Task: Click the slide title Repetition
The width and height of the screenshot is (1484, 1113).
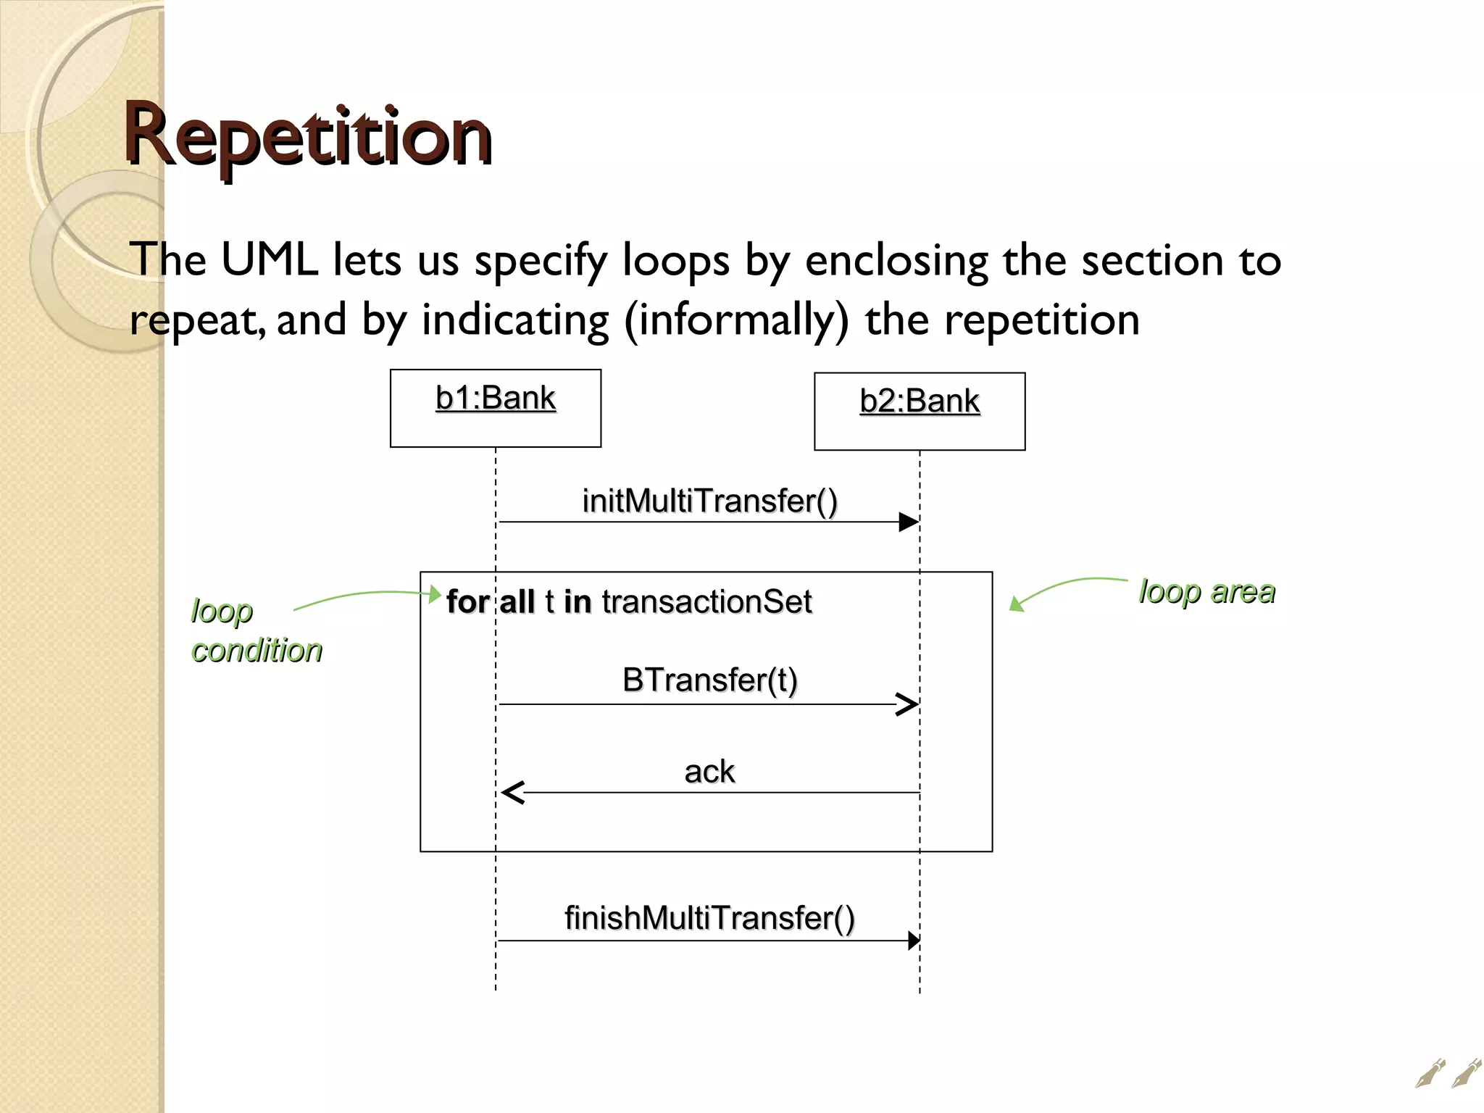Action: [308, 136]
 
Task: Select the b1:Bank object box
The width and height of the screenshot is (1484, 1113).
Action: [496, 408]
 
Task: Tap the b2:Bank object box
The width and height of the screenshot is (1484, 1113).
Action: [920, 411]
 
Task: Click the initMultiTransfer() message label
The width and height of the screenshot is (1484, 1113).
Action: [709, 501]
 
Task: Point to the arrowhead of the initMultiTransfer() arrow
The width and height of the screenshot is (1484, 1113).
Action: [909, 522]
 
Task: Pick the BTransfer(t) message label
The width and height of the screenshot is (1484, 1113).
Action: [709, 680]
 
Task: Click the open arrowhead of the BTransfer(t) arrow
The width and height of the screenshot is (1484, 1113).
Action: [908, 704]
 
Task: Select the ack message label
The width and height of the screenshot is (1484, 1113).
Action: [709, 771]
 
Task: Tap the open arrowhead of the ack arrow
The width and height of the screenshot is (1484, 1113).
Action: [512, 793]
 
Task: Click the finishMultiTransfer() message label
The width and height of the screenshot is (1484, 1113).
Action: [709, 918]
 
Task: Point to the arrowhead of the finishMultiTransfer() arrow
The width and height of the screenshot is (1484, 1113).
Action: [914, 941]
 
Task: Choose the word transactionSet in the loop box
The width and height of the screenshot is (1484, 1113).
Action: [706, 602]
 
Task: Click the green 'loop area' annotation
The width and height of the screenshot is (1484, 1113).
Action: [1206, 591]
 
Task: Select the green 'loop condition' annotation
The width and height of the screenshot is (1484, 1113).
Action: [256, 630]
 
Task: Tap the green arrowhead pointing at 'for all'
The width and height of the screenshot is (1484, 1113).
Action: [435, 594]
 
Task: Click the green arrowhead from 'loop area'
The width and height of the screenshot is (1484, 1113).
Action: [1017, 604]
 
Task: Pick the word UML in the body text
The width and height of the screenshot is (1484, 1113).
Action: [269, 259]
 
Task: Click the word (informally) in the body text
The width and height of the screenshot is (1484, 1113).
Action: [736, 320]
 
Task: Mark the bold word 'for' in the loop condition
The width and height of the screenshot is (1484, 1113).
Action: [467, 602]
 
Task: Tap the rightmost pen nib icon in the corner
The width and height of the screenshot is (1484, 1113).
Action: [1467, 1073]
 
